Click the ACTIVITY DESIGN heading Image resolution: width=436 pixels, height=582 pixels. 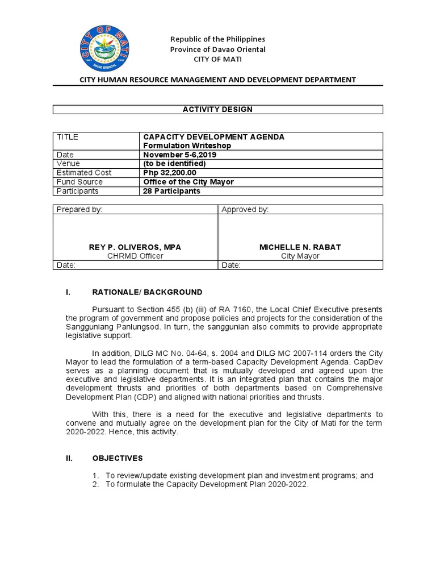pyautogui.click(x=218, y=109)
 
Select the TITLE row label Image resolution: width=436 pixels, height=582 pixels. pyautogui.click(x=68, y=137)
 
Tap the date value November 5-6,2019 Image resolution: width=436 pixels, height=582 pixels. pyautogui.click(x=179, y=155)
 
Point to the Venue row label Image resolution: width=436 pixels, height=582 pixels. pyautogui.click(x=68, y=164)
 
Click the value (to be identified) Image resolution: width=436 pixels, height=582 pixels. pyautogui.click(x=174, y=164)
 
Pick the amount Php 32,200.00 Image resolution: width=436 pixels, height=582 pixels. pyautogui.click(x=170, y=173)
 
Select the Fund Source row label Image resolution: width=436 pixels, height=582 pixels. pyautogui.click(x=79, y=182)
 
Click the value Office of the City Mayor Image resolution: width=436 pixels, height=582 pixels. pyautogui.click(x=188, y=182)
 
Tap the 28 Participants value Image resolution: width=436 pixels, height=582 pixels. pyautogui.click(x=171, y=191)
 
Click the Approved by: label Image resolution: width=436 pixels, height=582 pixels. pyautogui.click(x=245, y=210)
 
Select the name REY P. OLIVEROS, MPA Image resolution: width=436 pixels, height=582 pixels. pyautogui.click(x=135, y=247)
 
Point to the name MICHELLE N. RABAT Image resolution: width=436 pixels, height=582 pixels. pyautogui.click(x=300, y=247)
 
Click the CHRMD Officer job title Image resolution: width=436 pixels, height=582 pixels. pyautogui.click(x=135, y=256)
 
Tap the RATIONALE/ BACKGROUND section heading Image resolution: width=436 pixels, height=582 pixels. pyautogui.click(x=146, y=292)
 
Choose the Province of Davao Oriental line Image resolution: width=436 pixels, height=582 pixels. pyautogui.click(x=218, y=49)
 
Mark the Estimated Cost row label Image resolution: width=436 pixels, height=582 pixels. pyautogui.click(x=84, y=173)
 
